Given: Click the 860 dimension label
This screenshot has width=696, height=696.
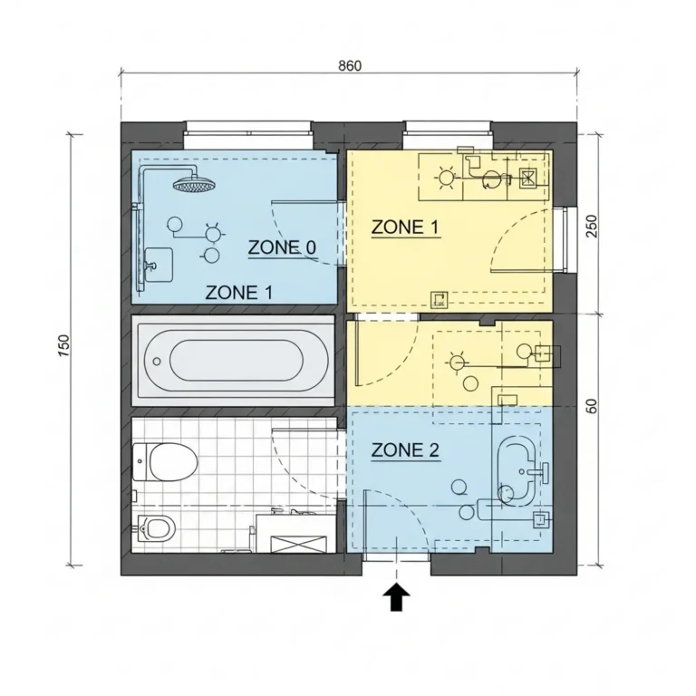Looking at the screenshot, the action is (350, 65).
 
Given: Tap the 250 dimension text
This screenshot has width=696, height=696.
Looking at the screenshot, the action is (592, 226).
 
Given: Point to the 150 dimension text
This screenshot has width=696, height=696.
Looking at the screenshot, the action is (63, 345).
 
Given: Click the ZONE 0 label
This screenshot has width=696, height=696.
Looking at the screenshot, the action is (282, 247).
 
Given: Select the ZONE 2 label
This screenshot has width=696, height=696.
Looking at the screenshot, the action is (405, 450).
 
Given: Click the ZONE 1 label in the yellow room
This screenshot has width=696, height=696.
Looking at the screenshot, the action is (405, 227).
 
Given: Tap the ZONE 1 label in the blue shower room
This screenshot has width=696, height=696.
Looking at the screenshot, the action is (239, 293).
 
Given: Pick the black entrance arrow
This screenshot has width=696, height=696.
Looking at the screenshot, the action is (396, 596).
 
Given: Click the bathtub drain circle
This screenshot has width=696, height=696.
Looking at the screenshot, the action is (157, 362).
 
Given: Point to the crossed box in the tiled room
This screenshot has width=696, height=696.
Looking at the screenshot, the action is (298, 544).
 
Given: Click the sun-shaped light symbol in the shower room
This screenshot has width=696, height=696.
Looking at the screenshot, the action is (214, 233).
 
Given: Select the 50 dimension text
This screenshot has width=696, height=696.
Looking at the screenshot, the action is (592, 406).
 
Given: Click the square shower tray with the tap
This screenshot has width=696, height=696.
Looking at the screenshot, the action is (159, 265).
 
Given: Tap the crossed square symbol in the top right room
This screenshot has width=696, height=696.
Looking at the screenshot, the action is (527, 178).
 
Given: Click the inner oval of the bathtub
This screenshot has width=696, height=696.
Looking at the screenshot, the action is (237, 361).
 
